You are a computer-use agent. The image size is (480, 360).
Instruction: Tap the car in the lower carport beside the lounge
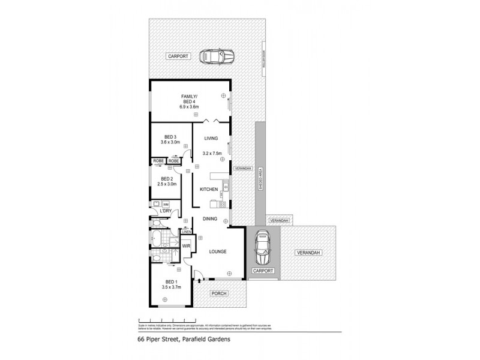(262, 248)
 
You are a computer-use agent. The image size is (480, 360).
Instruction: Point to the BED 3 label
(170, 136)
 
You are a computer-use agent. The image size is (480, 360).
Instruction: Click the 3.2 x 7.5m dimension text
(213, 153)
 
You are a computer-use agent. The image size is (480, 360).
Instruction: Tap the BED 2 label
(167, 179)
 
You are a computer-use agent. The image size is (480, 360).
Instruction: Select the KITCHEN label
(209, 190)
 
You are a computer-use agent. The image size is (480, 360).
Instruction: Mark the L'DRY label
(166, 211)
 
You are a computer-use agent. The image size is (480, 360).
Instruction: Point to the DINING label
(209, 219)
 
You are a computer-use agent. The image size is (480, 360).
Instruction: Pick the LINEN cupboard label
(187, 232)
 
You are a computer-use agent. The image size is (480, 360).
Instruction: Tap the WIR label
(186, 245)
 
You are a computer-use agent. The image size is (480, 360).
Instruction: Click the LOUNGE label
(217, 251)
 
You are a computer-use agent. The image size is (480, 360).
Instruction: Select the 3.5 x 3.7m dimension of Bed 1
(171, 288)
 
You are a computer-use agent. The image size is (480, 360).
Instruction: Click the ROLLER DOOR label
(263, 59)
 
